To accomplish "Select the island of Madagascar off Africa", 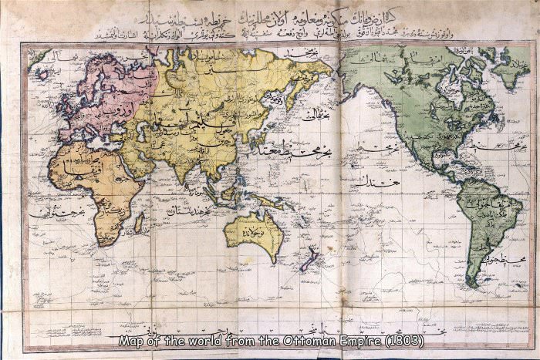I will pos(139,224).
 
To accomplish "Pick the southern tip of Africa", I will pos(103,240).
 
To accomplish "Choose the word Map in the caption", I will pos(131,340).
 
